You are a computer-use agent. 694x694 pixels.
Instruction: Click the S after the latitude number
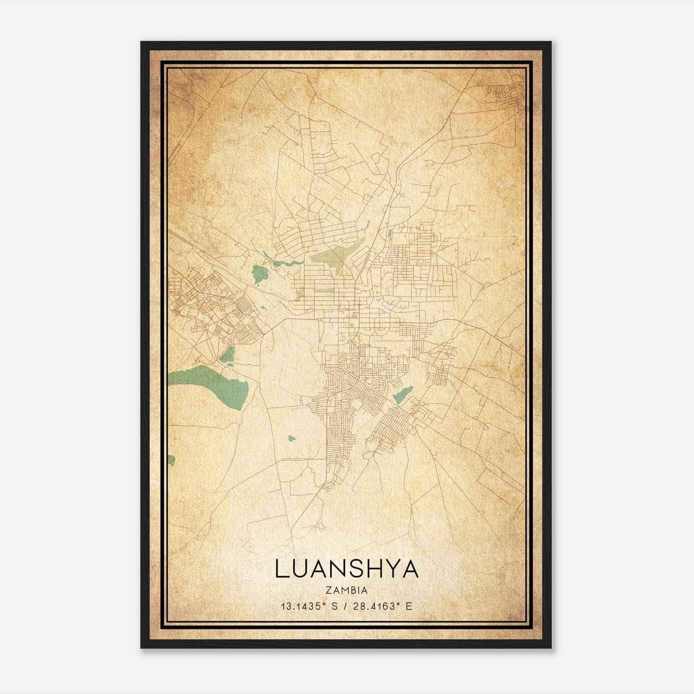334,606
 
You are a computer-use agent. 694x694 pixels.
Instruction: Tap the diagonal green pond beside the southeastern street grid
402,395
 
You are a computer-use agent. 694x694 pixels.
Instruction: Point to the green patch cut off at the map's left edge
171,460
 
